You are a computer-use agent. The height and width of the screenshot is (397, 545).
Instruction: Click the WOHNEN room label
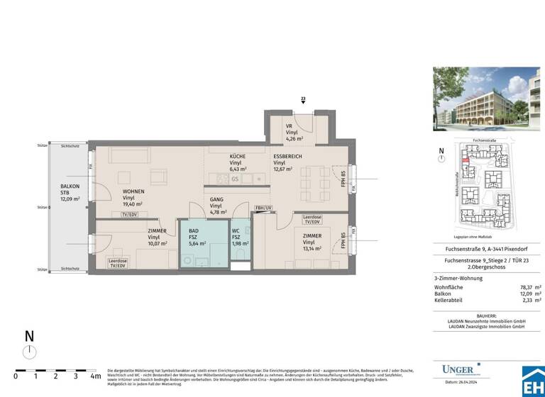(133, 191)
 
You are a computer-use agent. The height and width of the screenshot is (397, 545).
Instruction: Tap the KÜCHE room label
(237, 156)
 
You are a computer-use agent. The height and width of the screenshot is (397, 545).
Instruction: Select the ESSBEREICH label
(288, 156)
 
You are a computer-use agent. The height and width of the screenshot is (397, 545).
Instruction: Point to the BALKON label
(70, 186)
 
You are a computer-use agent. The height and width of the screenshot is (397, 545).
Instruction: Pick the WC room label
(236, 231)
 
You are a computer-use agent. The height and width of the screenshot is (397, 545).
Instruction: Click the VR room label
(289, 125)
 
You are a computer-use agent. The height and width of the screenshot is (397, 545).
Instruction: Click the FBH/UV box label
(263, 207)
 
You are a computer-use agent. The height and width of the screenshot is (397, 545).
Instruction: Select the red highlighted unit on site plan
(466, 161)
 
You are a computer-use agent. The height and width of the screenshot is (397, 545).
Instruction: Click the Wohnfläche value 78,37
(523, 287)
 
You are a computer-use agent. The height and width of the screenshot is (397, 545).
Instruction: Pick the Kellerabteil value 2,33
(525, 301)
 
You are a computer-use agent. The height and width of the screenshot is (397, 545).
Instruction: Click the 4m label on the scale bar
(95, 376)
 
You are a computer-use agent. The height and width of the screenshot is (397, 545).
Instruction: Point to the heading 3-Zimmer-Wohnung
(458, 278)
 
